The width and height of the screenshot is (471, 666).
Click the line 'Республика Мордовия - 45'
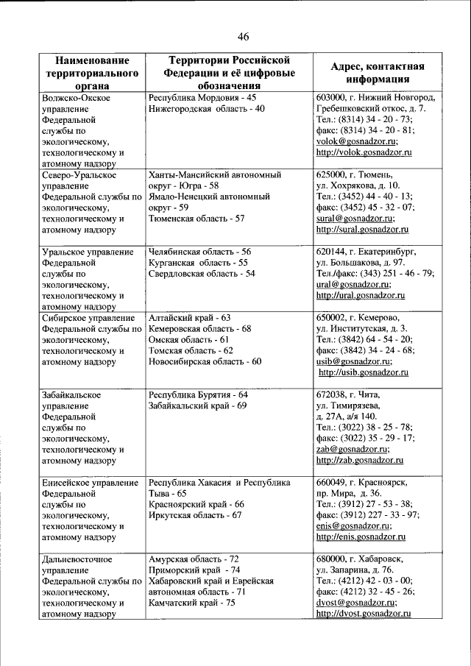point(202,97)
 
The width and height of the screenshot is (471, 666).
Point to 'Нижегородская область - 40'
point(206,109)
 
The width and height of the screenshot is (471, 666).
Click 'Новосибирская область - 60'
point(205,361)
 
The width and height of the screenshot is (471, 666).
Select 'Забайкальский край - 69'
point(197,405)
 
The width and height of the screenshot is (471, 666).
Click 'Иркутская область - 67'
point(195,515)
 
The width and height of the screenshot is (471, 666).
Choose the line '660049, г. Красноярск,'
point(362,482)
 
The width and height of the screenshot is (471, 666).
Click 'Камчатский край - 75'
point(191,603)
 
